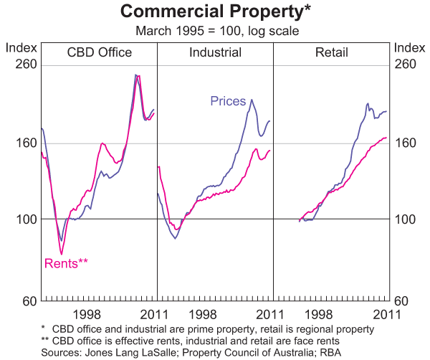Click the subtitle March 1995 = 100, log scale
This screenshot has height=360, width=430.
(214, 31)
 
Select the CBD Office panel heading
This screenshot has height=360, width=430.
(100, 52)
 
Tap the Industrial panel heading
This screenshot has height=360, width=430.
(215, 52)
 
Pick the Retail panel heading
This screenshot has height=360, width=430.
(330, 52)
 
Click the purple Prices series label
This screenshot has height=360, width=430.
(228, 101)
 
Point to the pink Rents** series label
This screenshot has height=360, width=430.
(66, 263)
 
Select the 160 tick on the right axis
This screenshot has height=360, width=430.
(405, 143)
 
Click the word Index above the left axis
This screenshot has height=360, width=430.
(21, 47)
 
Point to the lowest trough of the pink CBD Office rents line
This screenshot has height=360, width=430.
(62, 254)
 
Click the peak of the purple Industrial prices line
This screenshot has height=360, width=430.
(251, 100)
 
